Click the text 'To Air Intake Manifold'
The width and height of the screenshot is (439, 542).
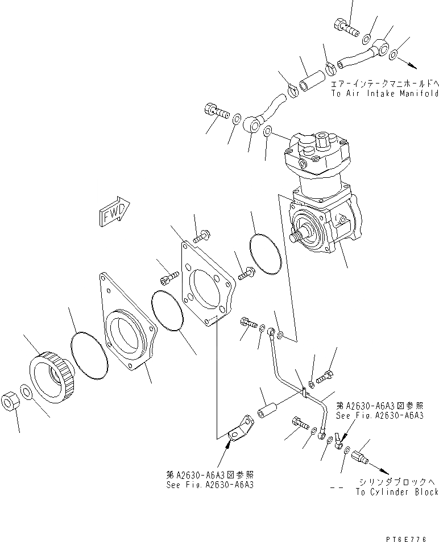[384, 93]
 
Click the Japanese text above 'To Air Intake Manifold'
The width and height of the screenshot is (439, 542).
[384, 82]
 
